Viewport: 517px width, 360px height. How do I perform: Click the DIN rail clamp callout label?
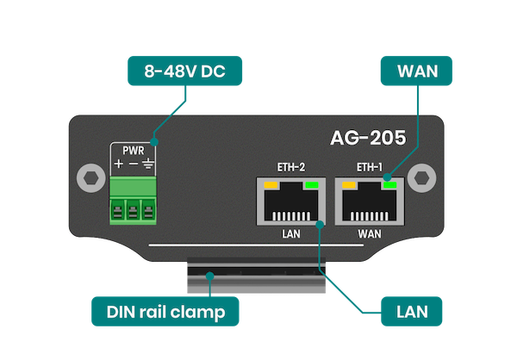tap(165, 311)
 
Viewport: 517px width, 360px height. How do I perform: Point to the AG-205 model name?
tap(370, 137)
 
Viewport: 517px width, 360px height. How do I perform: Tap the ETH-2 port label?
tap(290, 167)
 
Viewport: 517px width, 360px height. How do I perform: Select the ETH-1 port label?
tap(371, 167)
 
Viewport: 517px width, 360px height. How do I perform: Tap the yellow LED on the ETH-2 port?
tap(270, 184)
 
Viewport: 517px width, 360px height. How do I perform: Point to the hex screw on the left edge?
tap(86, 178)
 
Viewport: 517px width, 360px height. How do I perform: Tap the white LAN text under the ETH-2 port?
tap(290, 233)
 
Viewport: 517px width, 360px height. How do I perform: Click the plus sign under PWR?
tap(117, 164)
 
